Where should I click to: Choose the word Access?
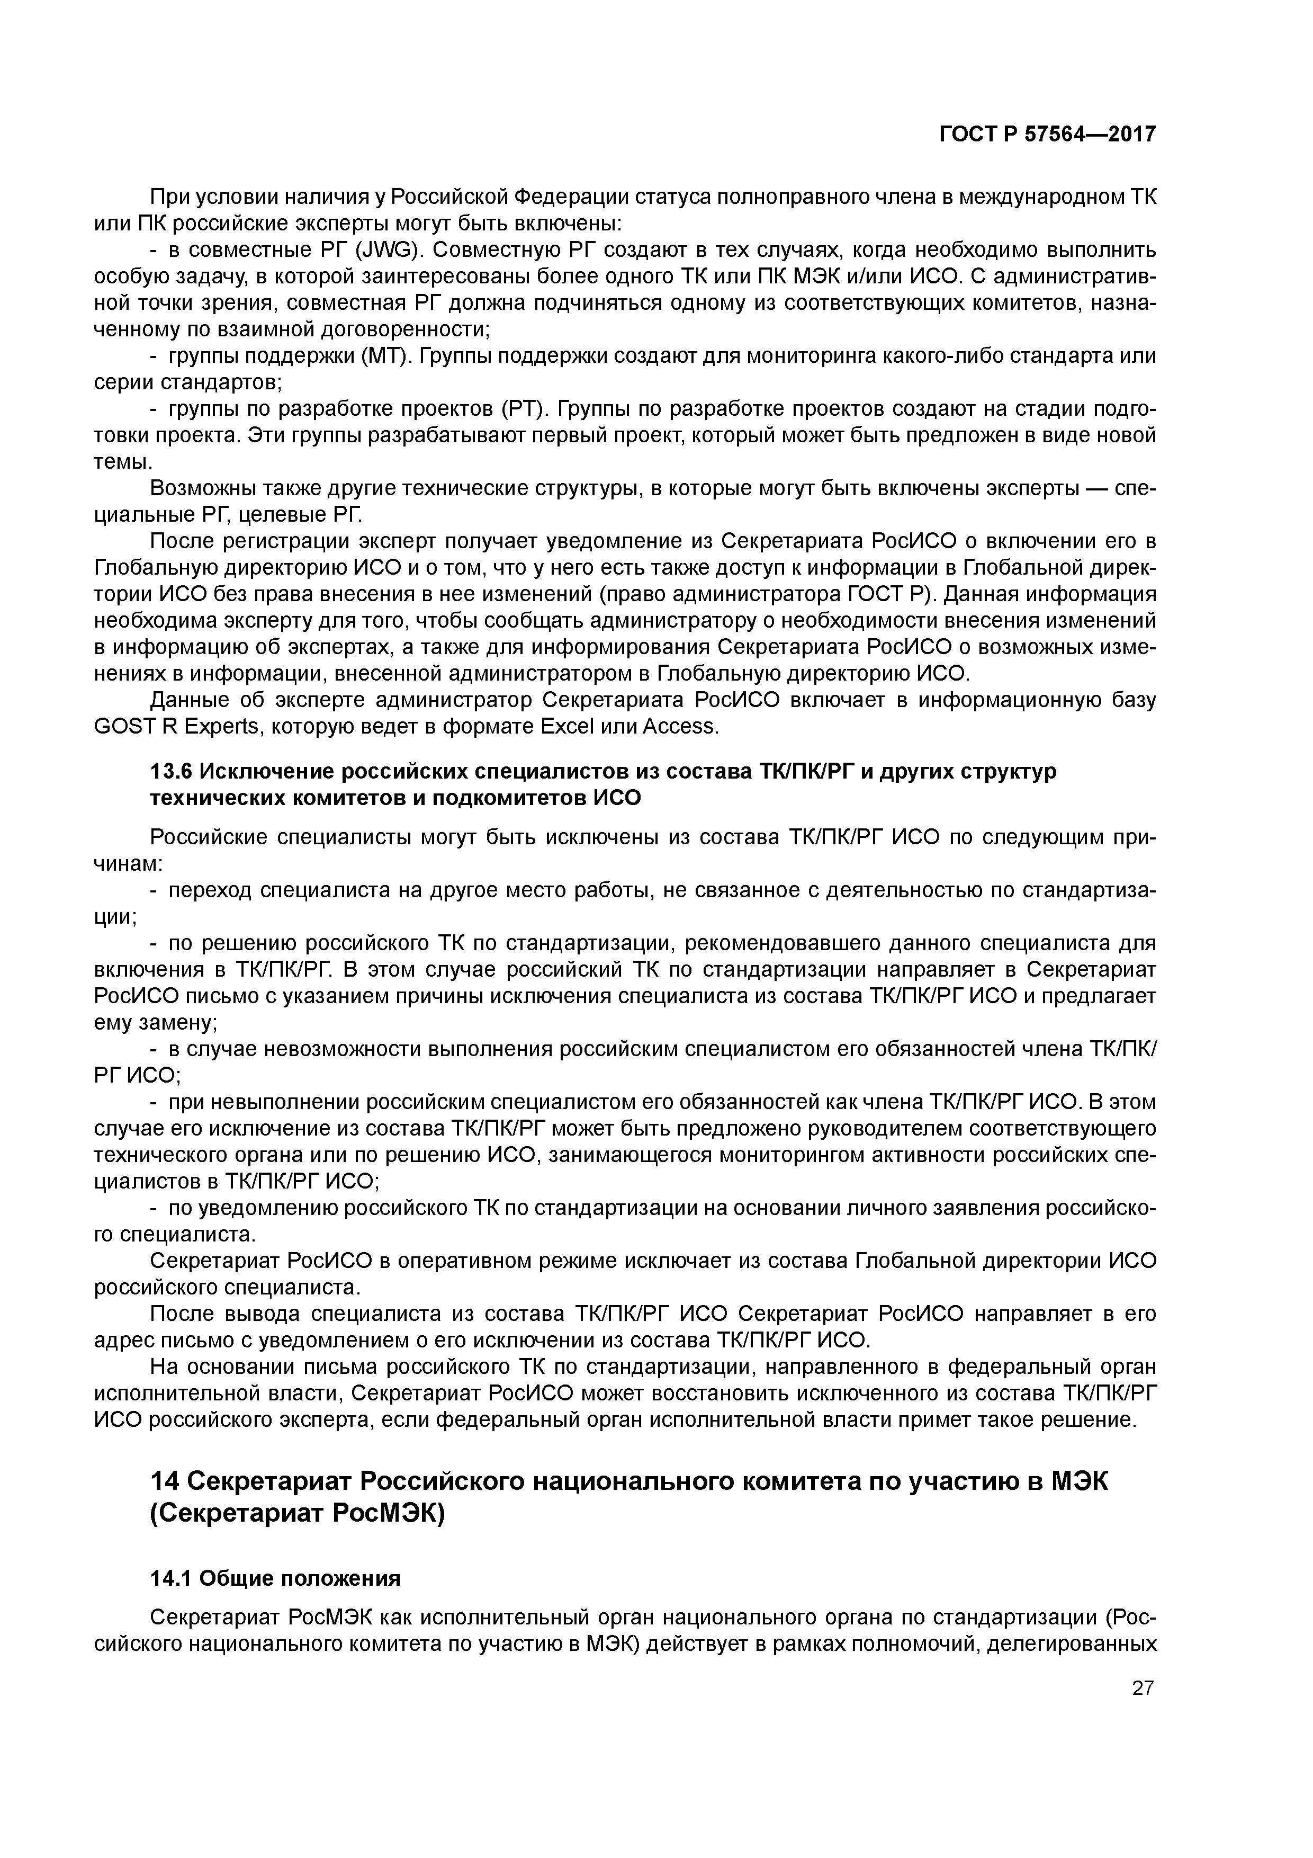pos(680,726)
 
